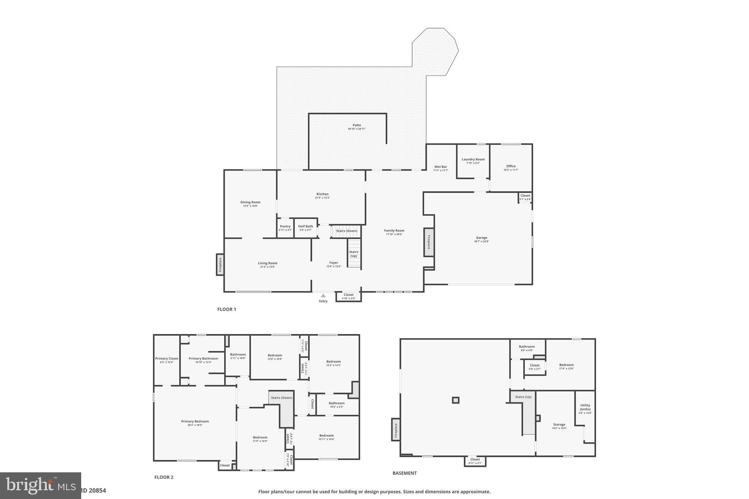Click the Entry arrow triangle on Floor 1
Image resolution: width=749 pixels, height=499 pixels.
point(323,295)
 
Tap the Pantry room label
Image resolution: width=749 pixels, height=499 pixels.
point(285,226)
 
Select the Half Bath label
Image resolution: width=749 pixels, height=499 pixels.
point(305,226)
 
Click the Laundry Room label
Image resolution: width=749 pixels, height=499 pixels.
point(473,159)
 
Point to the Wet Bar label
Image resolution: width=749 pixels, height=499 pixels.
point(441,167)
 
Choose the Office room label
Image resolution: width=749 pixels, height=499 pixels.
point(511,166)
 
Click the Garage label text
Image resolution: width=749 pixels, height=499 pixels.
point(482,238)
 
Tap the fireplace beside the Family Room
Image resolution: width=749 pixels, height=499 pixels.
point(429,242)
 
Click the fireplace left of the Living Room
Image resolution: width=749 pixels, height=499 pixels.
point(220,265)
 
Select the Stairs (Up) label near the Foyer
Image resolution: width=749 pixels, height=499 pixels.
point(354,254)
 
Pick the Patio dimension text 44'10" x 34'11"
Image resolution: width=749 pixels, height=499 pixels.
point(357,129)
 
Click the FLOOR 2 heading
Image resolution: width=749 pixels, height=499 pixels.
point(164,477)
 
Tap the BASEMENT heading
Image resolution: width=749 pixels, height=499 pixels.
point(404,473)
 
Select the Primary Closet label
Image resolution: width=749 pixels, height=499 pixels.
point(167,359)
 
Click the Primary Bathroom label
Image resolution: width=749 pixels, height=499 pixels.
point(203,359)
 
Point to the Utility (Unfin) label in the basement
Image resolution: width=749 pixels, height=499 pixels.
point(585,407)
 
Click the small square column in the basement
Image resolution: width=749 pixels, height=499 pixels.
point(455,400)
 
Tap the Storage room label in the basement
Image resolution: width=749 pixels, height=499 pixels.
point(559,424)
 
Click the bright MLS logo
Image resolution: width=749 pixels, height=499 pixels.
point(40,485)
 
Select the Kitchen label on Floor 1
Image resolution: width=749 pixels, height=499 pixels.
point(322,194)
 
